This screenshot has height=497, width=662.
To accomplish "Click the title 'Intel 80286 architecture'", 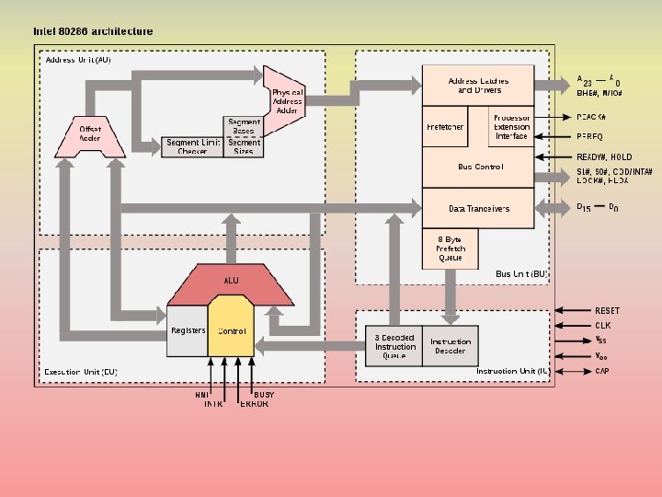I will [x=93, y=31].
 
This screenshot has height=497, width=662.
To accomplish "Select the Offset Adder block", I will [x=90, y=135].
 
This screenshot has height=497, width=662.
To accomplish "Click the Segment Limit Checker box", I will [x=192, y=146].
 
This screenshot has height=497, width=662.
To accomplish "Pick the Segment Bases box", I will [x=244, y=126].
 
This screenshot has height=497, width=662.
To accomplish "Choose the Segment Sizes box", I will [x=244, y=146].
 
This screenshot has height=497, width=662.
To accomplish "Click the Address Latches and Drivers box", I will [x=477, y=86].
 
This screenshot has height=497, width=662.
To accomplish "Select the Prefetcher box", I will [x=444, y=127].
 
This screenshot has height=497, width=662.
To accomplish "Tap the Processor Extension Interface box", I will [x=511, y=127].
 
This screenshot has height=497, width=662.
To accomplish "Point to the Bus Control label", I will [x=480, y=168].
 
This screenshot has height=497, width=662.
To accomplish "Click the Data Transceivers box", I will [x=477, y=208].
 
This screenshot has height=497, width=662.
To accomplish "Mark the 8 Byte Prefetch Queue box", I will [x=451, y=248].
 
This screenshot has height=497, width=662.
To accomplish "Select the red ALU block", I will [x=230, y=281].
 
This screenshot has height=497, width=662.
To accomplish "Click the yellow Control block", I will [x=232, y=329].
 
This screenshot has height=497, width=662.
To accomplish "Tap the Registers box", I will [x=188, y=329].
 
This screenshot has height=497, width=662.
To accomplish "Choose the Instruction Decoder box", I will [x=451, y=346].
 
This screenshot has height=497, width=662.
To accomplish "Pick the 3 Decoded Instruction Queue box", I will [x=394, y=346].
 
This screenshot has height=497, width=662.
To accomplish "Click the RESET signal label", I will [x=607, y=311].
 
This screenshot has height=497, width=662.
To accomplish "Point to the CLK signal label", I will [x=603, y=325].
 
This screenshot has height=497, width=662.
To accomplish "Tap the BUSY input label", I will [x=263, y=394].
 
